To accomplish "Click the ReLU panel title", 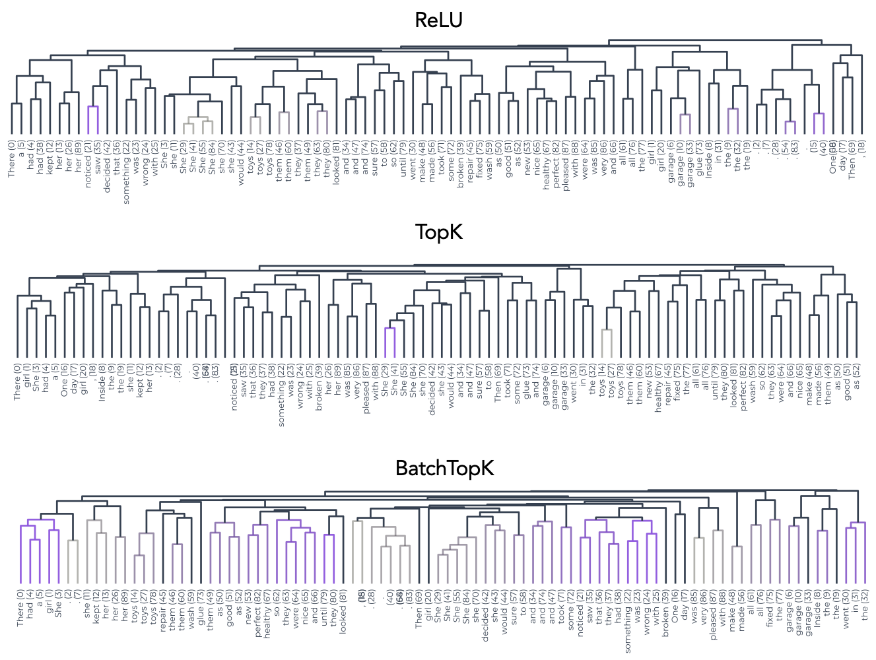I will click(x=438, y=20).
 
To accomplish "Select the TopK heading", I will click(x=438, y=232).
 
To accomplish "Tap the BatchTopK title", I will click(x=444, y=468).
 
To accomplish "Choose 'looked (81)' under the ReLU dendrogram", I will click(x=336, y=162).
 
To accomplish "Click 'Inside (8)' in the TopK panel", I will click(x=102, y=382).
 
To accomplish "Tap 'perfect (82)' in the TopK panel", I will click(x=743, y=387).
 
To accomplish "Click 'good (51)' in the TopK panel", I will click(x=848, y=381).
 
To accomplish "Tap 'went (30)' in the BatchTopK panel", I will click(x=846, y=611).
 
